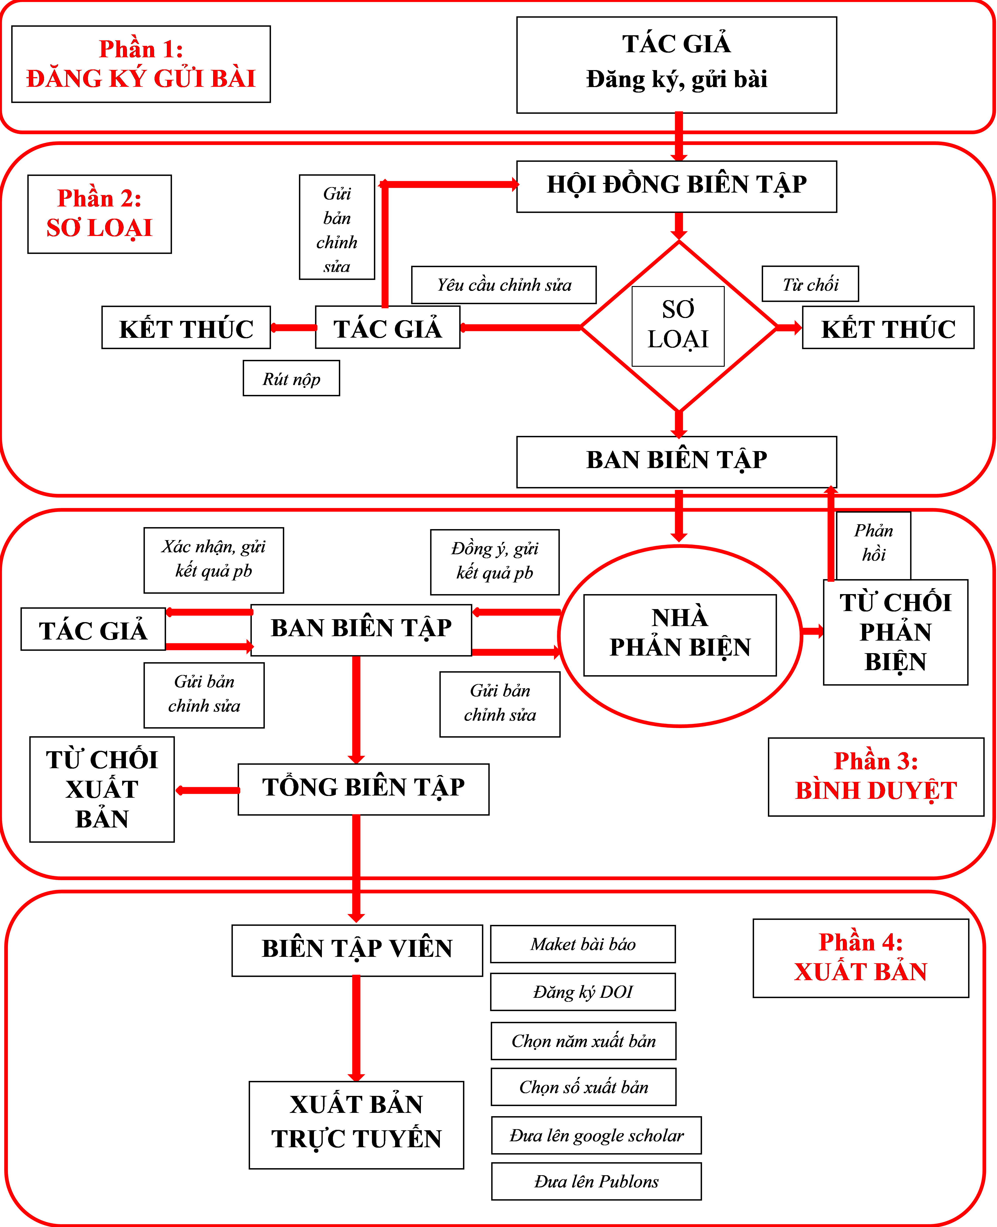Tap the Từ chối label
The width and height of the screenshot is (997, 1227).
[810, 284]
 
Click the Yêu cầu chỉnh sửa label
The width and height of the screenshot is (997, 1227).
[504, 285]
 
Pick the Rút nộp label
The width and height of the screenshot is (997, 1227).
[291, 378]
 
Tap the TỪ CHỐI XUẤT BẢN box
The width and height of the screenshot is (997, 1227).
[102, 789]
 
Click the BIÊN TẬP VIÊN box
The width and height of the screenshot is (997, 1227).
[357, 950]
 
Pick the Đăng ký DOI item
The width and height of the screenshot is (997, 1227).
[582, 992]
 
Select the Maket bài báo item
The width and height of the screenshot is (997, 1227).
[582, 944]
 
